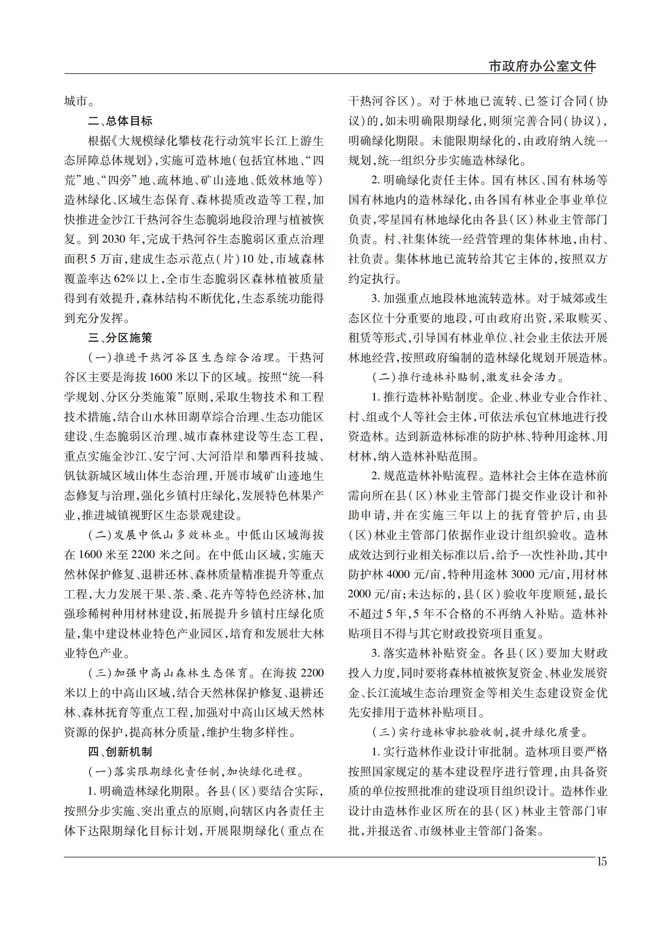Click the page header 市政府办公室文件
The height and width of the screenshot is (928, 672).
[542, 66]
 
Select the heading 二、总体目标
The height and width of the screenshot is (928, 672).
[120, 122]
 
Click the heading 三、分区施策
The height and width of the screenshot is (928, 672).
[120, 338]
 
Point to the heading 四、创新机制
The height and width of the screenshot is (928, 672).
[120, 751]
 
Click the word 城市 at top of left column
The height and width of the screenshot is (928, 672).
[76, 102]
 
